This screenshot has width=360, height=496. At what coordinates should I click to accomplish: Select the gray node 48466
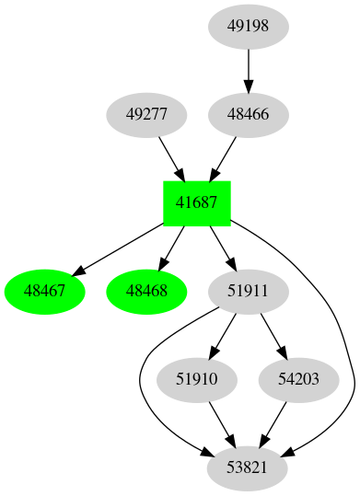(248, 115)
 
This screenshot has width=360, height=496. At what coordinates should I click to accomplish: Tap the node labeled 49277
(146, 115)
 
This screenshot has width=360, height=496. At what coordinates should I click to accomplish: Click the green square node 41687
(196, 203)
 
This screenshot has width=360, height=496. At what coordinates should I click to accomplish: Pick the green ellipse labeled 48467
(45, 292)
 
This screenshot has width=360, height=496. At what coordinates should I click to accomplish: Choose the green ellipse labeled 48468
(146, 292)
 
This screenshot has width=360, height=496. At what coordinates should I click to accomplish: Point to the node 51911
(248, 292)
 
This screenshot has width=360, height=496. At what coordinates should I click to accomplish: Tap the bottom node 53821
(248, 468)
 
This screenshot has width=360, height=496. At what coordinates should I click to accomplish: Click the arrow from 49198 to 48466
(248, 70)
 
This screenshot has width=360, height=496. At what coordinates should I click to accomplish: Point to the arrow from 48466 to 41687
(224, 157)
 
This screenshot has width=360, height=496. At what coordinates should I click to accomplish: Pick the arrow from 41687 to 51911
(222, 248)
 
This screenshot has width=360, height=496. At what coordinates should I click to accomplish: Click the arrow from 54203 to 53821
(273, 424)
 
